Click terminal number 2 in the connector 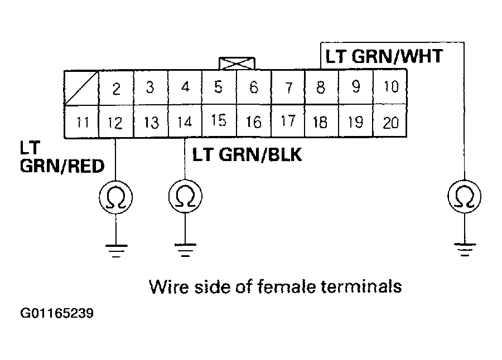[115, 89]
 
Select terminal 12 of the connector [115, 122]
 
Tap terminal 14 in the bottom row [185, 122]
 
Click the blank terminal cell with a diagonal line [81, 88]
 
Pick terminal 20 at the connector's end [390, 122]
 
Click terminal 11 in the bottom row [82, 122]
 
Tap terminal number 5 [219, 88]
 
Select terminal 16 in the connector [253, 122]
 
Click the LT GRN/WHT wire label [384, 56]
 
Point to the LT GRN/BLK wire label [247, 154]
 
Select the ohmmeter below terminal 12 [115, 197]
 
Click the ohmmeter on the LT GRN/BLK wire [185, 197]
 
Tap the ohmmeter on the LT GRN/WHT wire [465, 197]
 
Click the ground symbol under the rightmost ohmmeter [465, 249]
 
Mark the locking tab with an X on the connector [237, 63]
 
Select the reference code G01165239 [57, 314]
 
